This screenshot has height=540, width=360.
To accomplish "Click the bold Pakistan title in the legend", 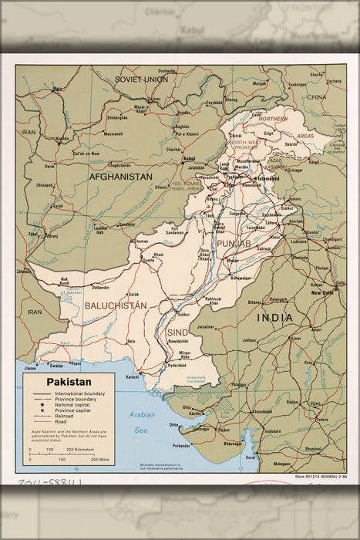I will tap(68, 381).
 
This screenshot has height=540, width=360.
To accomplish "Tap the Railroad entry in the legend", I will tap(64, 417).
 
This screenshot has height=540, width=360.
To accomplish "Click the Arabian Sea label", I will tap(142, 422).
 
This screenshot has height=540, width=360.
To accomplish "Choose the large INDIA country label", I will tap(275, 318).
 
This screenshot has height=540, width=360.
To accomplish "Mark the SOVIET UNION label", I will tap(141, 79).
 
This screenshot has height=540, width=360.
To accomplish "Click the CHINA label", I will tap(316, 98).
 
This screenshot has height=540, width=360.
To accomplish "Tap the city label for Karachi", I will tap(132, 377).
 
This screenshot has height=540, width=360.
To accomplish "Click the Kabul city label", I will tap(189, 159).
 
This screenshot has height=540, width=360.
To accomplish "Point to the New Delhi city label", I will tap(321, 293).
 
